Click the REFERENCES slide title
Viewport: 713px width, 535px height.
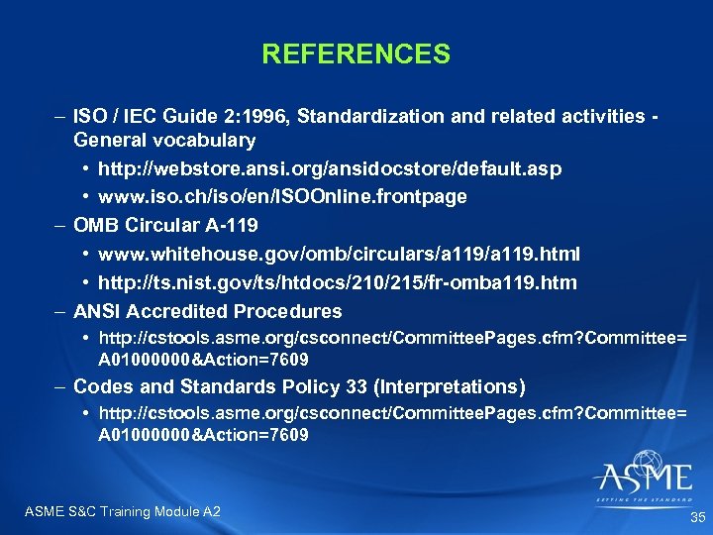coord(356,53)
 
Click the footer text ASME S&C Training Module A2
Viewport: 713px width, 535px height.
coord(121,511)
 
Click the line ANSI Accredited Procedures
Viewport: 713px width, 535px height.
coord(208,311)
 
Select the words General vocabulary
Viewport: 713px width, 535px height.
coord(164,140)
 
